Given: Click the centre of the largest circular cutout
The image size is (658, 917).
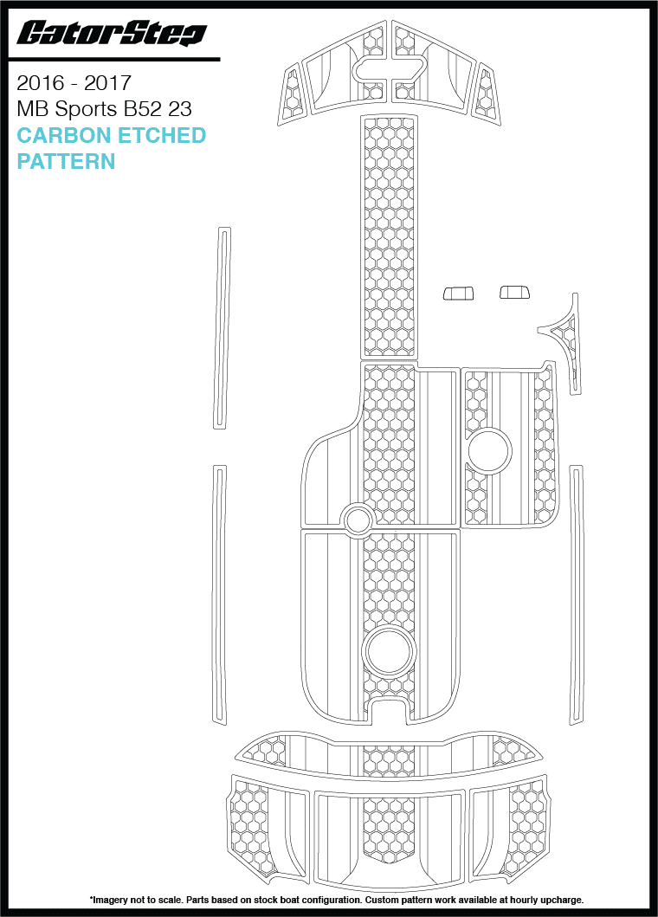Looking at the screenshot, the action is (390, 652).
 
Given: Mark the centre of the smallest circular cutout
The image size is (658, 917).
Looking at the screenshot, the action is (358, 519).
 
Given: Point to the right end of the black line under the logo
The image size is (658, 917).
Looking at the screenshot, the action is (220, 59).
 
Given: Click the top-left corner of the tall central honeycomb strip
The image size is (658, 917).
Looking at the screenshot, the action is (360, 115).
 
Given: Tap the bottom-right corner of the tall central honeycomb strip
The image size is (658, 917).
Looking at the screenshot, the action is (417, 358).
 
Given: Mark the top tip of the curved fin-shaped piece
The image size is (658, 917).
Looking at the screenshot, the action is (576, 294).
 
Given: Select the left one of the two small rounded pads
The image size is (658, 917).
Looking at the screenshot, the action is (458, 293).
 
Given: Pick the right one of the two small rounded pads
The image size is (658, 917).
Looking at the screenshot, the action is (514, 291).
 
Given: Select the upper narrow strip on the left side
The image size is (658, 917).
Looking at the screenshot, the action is (223, 328).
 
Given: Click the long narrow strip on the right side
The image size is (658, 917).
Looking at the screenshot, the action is (576, 596).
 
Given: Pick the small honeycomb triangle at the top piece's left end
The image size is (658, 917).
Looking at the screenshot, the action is (293, 91).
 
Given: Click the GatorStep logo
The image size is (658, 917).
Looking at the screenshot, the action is (112, 33).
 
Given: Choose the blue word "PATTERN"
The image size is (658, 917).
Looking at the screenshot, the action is (66, 161).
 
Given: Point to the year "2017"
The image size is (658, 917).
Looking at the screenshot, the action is (107, 83).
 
